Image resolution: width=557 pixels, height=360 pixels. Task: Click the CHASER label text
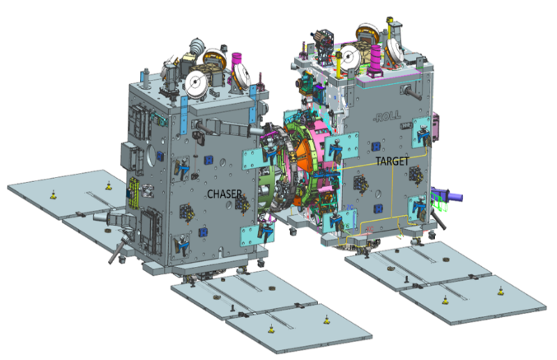(x=224, y=193)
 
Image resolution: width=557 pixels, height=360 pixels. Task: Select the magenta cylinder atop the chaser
(x=240, y=61)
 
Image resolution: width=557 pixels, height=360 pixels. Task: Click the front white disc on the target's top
(x=346, y=56)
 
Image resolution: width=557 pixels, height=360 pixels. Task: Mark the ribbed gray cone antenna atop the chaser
(x=199, y=45)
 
